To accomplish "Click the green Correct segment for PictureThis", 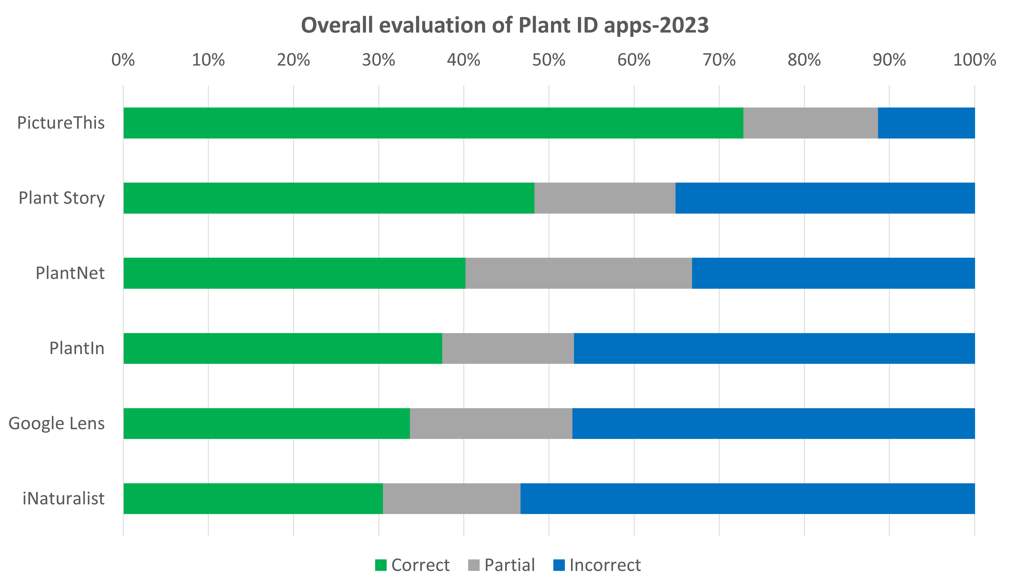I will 433,123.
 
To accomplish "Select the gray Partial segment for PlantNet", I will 578,273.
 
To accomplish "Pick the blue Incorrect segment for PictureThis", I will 926,123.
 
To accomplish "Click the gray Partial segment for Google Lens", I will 491,423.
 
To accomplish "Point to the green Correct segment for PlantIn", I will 283,348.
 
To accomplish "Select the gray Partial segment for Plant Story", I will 605,198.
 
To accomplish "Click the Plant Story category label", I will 61,198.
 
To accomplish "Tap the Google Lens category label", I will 57,423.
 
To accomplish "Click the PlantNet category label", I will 70,273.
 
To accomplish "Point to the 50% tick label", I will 549,60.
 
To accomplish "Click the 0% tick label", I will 123,60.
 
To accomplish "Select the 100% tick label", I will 974,60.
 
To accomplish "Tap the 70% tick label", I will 719,60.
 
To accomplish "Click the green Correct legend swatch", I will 381,565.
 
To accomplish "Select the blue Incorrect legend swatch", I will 559,565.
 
